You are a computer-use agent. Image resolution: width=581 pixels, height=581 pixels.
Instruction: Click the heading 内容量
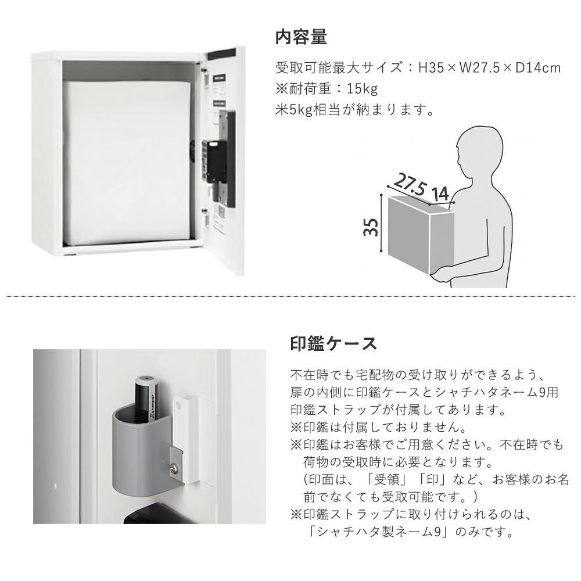click(301, 37)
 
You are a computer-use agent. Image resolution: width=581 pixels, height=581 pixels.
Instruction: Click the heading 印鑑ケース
click(333, 343)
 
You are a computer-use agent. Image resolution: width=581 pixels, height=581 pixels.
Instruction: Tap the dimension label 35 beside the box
click(371, 227)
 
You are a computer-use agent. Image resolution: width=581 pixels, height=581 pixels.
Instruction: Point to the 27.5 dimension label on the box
click(410, 184)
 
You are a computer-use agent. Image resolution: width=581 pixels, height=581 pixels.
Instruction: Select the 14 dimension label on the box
click(440, 194)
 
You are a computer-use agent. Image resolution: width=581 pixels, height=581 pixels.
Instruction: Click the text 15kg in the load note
click(362, 89)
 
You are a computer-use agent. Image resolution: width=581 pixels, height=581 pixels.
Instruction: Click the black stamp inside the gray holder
click(147, 399)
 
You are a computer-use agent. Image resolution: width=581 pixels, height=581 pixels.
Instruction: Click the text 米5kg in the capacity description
click(294, 110)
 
